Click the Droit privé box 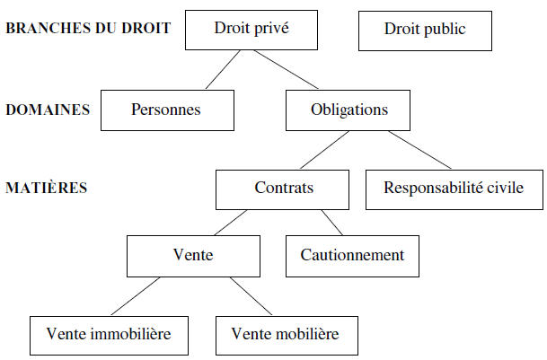[251, 30]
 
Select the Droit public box [425, 31]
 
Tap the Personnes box [167, 110]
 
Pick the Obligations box [348, 110]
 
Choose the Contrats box [282, 189]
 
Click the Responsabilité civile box [454, 189]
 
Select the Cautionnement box [352, 256]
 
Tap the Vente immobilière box [109, 336]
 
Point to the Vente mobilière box [287, 336]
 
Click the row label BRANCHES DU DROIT [88, 28]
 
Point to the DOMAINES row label [48, 110]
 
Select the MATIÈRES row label [47, 188]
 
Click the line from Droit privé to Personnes [223, 70]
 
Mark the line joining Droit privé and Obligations [286, 70]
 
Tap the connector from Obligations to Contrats [324, 150]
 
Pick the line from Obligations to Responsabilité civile [419, 150]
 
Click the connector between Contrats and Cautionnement [332, 223]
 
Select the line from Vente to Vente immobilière [136, 296]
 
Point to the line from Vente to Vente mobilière [251, 296]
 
